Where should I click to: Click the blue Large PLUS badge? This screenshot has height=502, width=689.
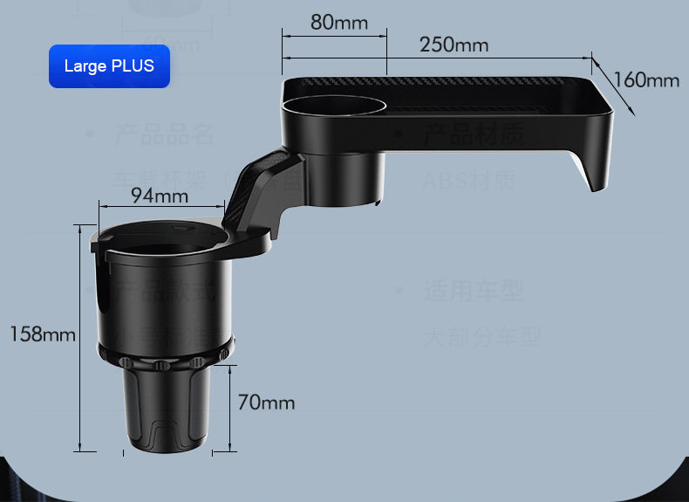(109, 66)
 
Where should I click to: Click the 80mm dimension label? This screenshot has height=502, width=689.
(339, 22)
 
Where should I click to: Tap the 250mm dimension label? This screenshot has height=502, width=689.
(454, 45)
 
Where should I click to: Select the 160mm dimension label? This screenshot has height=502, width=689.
(645, 80)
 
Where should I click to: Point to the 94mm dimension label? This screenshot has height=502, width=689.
(160, 196)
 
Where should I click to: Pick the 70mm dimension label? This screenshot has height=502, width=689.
(266, 402)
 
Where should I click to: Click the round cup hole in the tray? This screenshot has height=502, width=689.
(333, 107)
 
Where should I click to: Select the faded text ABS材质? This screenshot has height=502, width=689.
(469, 182)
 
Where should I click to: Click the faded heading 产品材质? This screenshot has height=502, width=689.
(474, 134)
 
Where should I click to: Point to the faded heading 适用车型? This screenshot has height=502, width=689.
(474, 291)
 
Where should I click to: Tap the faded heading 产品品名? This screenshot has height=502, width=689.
(164, 134)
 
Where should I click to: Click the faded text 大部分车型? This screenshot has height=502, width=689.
(482, 337)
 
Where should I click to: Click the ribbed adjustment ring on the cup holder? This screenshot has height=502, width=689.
(165, 358)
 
